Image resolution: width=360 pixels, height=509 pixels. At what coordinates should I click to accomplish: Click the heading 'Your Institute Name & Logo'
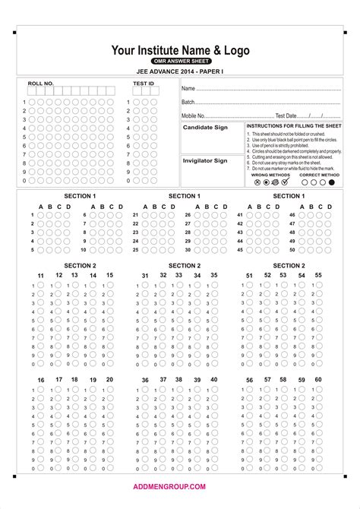[180, 50]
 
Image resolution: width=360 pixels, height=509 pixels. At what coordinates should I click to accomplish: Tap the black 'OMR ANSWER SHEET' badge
[180, 61]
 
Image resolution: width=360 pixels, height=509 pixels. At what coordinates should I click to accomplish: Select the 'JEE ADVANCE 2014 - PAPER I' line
[180, 71]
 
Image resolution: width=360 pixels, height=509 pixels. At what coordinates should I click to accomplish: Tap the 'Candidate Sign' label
[205, 128]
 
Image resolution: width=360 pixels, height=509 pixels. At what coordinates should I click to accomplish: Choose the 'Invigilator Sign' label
[205, 160]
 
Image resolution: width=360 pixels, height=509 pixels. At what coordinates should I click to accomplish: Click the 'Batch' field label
[188, 102]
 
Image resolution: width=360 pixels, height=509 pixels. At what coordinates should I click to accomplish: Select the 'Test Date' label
[286, 115]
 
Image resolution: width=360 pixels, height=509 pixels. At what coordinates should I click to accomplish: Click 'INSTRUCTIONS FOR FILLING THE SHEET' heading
[294, 125]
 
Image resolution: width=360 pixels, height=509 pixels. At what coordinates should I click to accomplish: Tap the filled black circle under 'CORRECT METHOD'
[331, 182]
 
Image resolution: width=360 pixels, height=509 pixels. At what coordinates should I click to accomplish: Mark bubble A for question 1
[41, 216]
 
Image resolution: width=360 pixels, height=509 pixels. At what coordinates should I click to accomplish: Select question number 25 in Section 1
[135, 249]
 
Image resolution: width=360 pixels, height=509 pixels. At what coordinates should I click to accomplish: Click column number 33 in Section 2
[178, 275]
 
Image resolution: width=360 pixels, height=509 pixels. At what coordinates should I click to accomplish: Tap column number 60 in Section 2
[318, 379]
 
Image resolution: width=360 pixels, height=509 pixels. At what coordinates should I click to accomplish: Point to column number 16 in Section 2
[41, 380]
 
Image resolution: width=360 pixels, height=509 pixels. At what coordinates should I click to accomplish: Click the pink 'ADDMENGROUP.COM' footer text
[180, 485]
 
